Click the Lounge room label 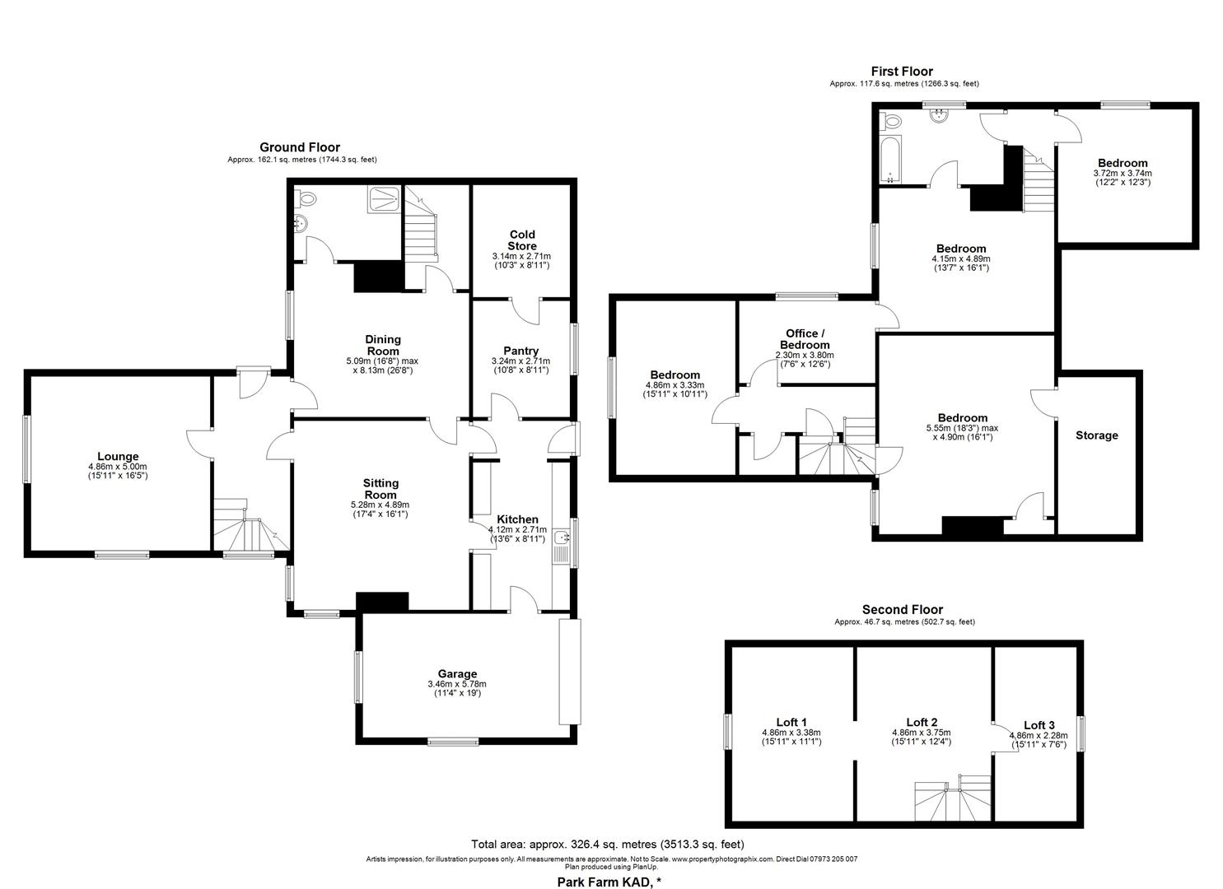click(118, 456)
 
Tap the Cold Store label click(522, 240)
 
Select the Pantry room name click(520, 351)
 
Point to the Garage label click(457, 673)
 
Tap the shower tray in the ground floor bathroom click(385, 198)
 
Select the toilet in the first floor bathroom click(890, 122)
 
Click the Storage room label click(1096, 435)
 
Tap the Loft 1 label click(791, 723)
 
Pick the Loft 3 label click(1039, 725)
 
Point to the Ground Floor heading click(300, 147)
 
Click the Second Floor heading click(902, 610)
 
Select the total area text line click(607, 844)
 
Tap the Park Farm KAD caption click(607, 882)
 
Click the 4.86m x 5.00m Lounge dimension click(118, 466)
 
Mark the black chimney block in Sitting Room click(382, 602)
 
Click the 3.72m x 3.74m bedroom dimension click(1122, 173)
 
